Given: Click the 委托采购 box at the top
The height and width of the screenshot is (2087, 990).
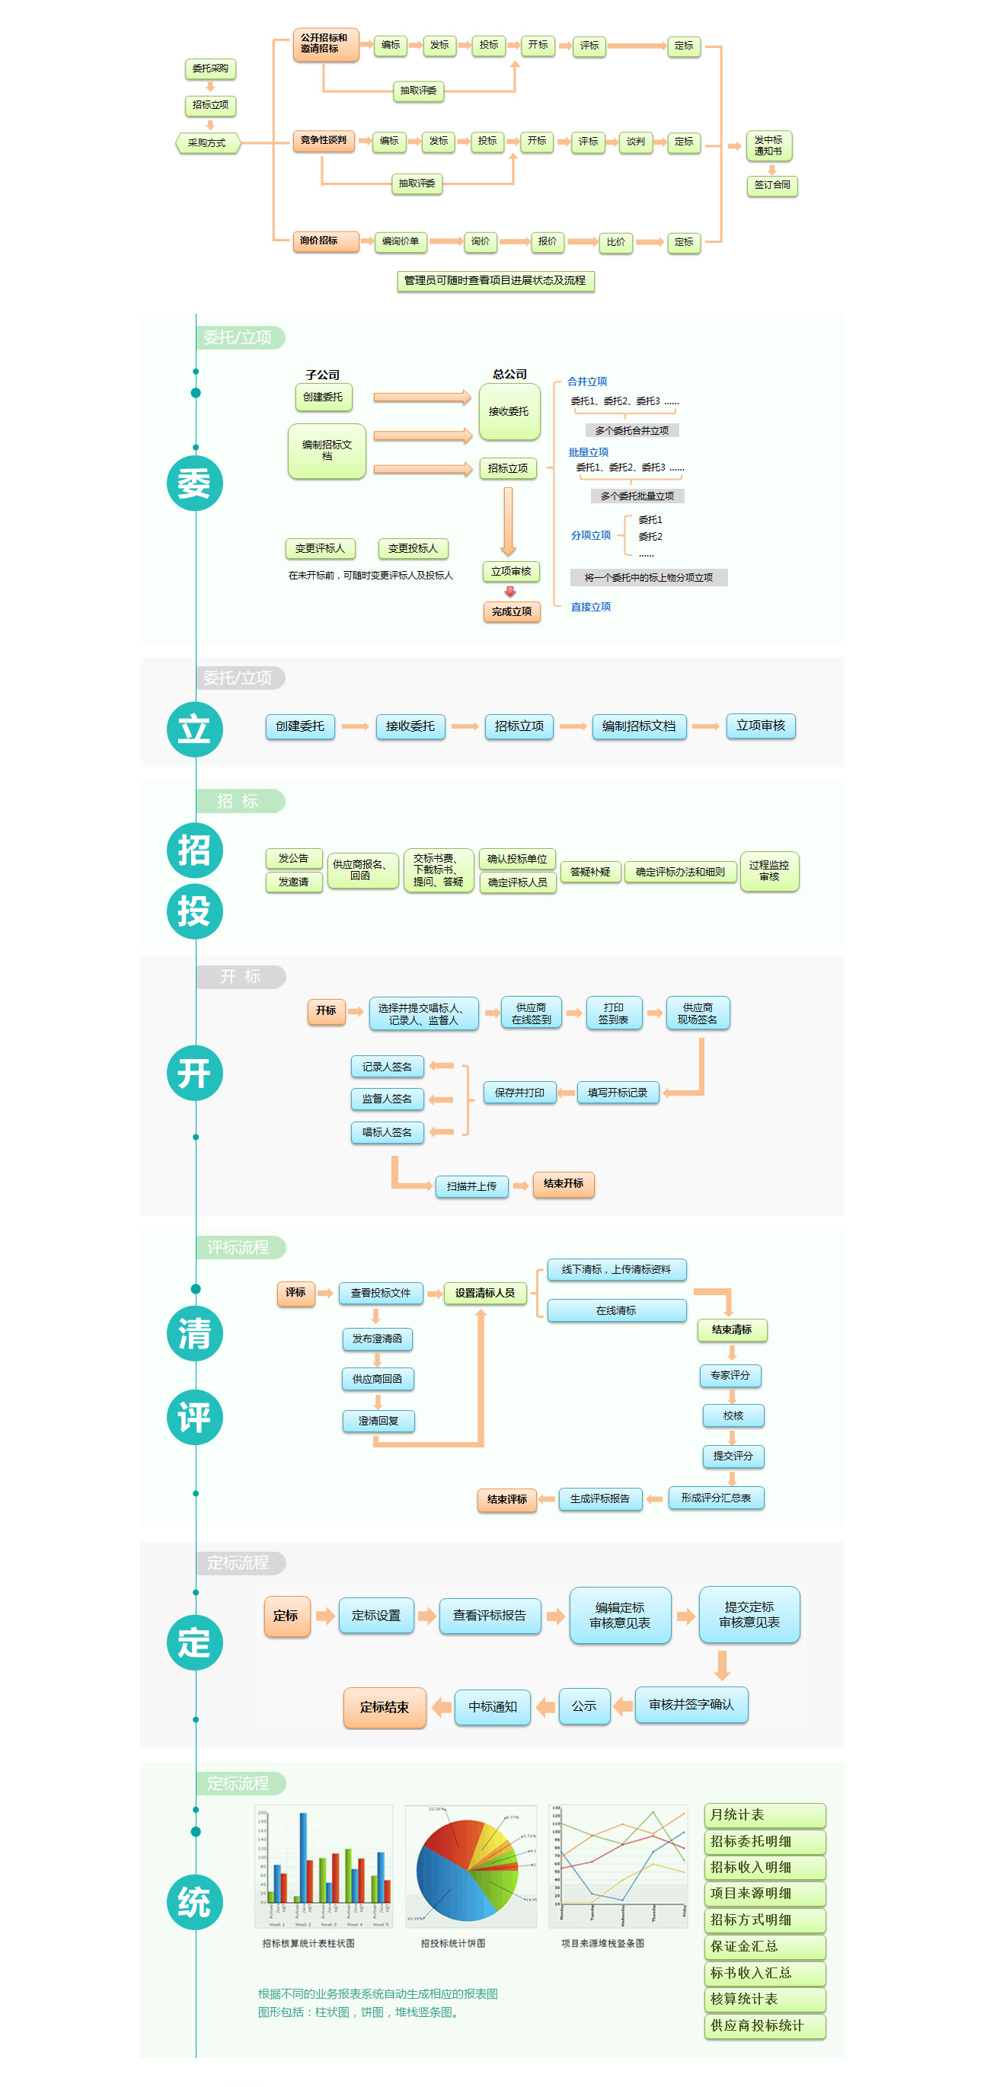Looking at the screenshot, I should (x=210, y=69).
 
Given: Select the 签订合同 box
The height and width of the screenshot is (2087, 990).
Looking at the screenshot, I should (x=771, y=186).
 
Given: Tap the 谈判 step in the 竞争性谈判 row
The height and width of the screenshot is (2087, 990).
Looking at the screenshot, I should (x=635, y=142).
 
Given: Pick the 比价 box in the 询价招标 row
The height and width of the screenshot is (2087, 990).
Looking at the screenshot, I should (x=616, y=242).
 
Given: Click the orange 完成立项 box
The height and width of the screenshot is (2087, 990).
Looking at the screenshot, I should (x=511, y=611).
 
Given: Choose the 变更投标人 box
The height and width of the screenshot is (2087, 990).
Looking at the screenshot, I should (x=412, y=548).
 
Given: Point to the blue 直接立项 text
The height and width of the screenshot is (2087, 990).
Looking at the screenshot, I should (x=591, y=607).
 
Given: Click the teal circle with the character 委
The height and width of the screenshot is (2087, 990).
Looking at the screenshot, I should (x=194, y=483).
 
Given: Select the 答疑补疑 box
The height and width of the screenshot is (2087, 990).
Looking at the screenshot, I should (x=589, y=872).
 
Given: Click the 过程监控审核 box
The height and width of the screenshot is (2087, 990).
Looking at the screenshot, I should (x=768, y=871).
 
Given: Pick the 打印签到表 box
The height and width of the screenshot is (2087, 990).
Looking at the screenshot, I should (x=613, y=1013).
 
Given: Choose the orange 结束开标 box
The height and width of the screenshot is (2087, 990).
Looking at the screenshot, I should (x=563, y=1184).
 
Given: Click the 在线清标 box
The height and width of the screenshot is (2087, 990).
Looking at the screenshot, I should (x=616, y=1310).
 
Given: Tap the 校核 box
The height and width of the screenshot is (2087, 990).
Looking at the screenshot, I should (x=733, y=1415).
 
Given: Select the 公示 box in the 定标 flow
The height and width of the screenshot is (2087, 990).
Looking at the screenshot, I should (x=583, y=1706).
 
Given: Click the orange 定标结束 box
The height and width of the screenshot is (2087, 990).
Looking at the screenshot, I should (x=384, y=1707).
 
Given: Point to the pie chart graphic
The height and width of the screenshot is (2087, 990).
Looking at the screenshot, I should (x=468, y=1871).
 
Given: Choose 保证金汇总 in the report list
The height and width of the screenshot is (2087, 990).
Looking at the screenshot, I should (x=764, y=1946).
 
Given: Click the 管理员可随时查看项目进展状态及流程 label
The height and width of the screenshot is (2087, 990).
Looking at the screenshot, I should (x=495, y=280).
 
